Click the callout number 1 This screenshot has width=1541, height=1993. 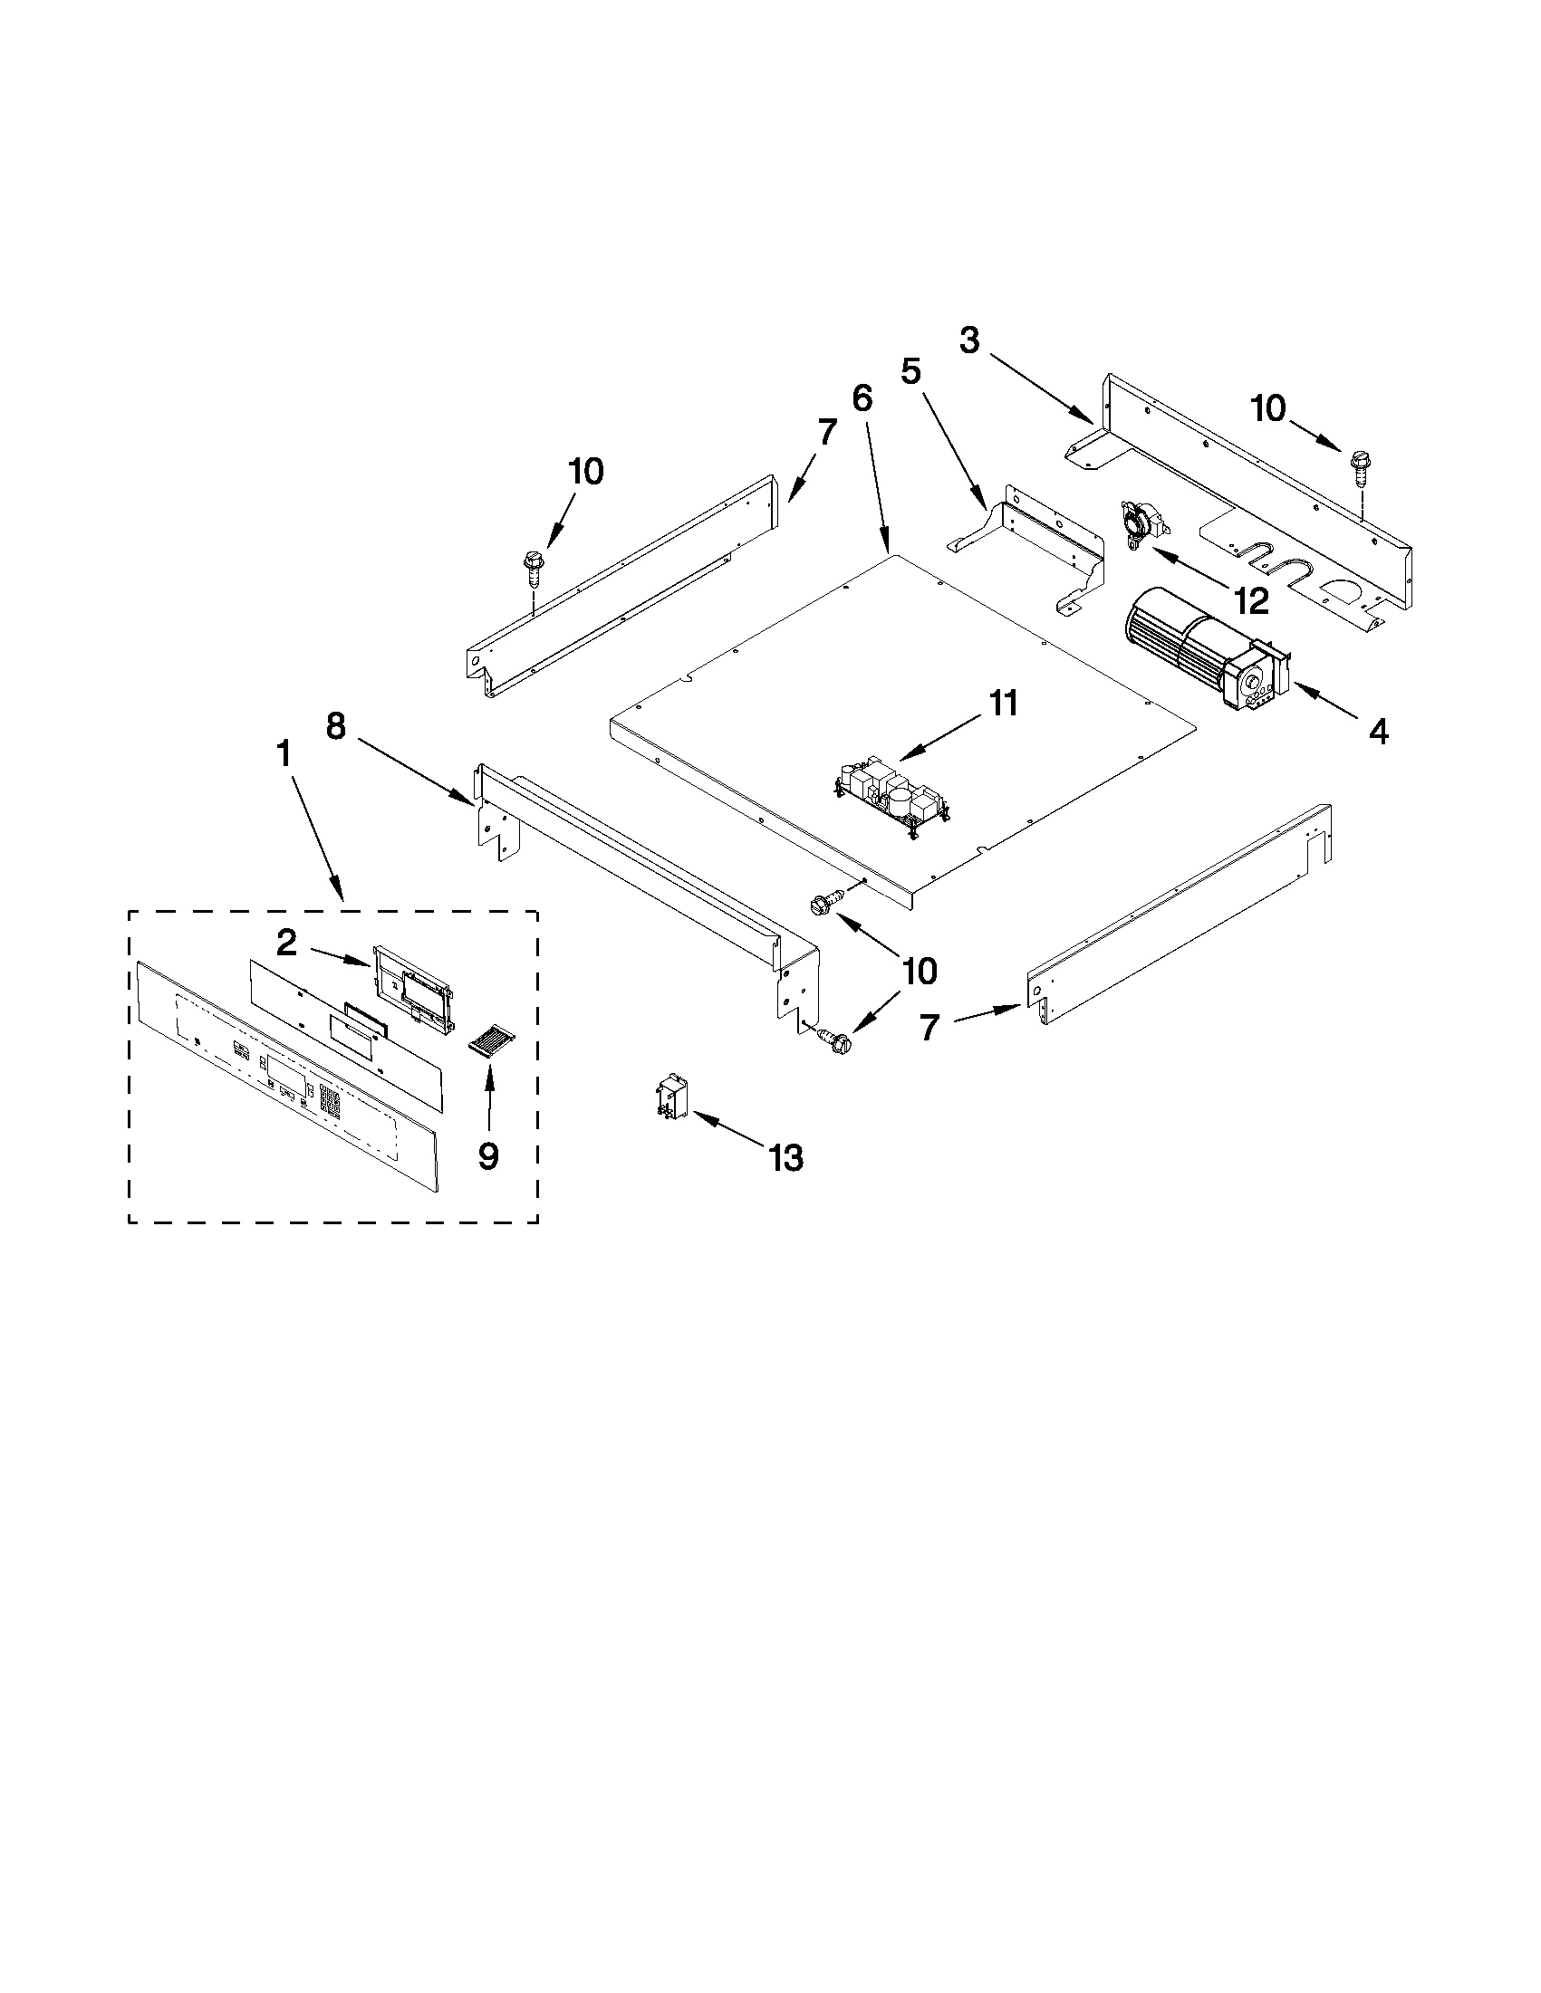284,754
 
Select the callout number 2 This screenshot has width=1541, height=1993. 286,943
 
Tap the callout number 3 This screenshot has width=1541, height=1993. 969,341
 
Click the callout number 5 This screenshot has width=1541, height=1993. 911,371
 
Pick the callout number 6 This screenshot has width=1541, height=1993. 862,398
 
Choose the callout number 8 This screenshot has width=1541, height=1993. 336,727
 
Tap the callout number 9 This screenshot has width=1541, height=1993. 488,1156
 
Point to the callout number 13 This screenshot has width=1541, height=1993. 786,1158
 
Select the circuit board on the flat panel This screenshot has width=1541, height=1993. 891,793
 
